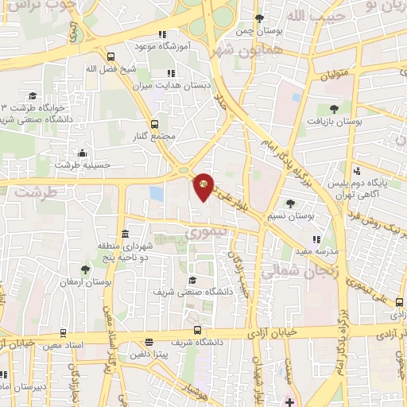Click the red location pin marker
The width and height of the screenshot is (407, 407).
pyautogui.click(x=204, y=186)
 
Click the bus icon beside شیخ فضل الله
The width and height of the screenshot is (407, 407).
pyautogui.click(x=110, y=56)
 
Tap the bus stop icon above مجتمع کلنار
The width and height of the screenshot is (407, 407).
pyautogui.click(x=154, y=124)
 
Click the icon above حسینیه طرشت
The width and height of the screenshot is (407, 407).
pyautogui.click(x=82, y=153)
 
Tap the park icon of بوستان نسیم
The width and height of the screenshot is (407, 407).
pyautogui.click(x=290, y=203)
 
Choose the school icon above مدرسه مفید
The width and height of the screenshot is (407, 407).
pyautogui.click(x=316, y=238)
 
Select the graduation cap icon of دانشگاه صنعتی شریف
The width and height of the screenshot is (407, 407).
pyautogui.click(x=192, y=280)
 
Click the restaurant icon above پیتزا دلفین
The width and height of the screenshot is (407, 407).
pyautogui.click(x=149, y=342)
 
